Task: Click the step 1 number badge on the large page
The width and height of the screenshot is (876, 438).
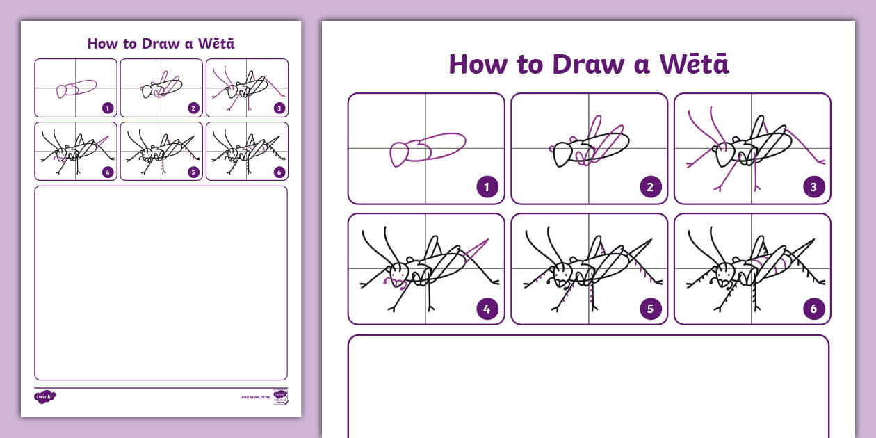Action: coord(487,187)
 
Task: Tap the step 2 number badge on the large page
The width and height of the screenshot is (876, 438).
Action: coord(651,187)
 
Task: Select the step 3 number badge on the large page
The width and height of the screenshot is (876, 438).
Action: coord(814,187)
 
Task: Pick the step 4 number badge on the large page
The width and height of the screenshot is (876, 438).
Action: coord(487,308)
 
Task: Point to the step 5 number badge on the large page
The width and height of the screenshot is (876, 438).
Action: coord(651,308)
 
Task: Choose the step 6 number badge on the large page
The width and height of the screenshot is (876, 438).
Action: coord(814,308)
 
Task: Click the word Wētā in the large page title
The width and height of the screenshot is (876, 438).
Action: coord(694,64)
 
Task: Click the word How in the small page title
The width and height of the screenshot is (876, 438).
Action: coord(102,44)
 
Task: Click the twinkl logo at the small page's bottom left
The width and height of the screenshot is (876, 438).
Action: coord(44,396)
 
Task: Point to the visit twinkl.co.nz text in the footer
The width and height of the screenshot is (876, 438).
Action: coord(255,397)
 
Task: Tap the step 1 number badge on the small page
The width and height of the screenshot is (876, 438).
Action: coord(107,108)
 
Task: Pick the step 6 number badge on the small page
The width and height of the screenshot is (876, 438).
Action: coord(279,172)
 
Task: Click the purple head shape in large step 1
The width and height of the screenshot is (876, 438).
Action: coord(401,154)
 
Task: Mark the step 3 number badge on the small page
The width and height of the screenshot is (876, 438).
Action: coord(279,108)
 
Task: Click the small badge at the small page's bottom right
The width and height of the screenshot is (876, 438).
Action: coord(280,397)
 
